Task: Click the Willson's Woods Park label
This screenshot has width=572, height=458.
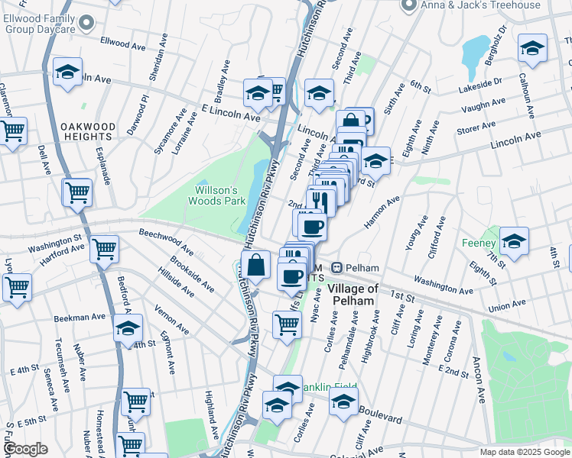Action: click(x=218, y=195)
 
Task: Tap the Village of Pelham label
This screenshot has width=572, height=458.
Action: click(x=353, y=295)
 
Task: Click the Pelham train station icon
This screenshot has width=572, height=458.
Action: click(x=336, y=268)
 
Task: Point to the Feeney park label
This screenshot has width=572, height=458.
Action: click(x=479, y=244)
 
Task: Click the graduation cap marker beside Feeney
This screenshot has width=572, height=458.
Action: click(x=515, y=240)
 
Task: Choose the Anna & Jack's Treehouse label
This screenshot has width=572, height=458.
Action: click(x=481, y=5)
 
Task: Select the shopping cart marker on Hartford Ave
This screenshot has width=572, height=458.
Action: click(x=104, y=248)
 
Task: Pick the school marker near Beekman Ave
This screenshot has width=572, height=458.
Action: click(x=128, y=328)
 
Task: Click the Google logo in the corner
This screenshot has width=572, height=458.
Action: click(x=25, y=449)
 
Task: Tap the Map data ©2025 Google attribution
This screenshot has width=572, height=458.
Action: click(x=524, y=452)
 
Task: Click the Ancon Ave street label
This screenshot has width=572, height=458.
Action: click(x=478, y=379)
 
